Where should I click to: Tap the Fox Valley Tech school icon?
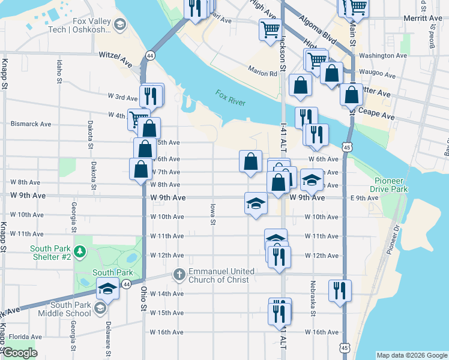click(x=120, y=24)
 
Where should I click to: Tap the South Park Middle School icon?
click(x=100, y=308)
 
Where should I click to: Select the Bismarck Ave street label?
click(x=31, y=124)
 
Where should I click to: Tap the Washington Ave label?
click(x=383, y=56)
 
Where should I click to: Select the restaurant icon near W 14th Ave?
click(x=340, y=290)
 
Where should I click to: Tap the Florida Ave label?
click(x=25, y=337)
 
